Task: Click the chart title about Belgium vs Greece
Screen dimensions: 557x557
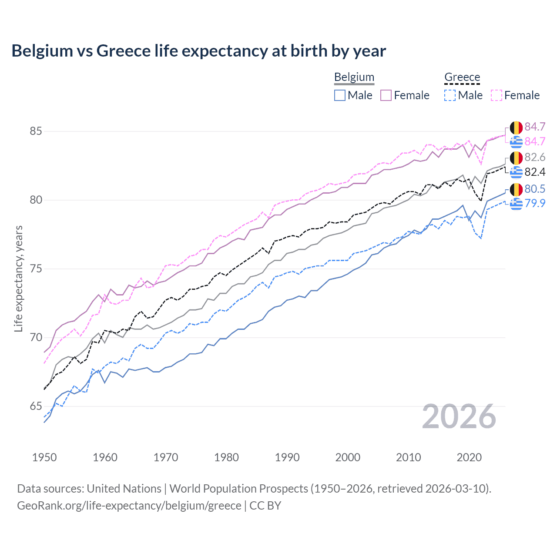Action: (x=198, y=51)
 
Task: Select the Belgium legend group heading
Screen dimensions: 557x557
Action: (x=354, y=77)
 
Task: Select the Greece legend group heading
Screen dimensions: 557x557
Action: (x=462, y=77)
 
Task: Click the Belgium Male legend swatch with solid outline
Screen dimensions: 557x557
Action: (x=340, y=95)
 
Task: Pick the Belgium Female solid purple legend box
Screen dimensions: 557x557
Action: (x=386, y=95)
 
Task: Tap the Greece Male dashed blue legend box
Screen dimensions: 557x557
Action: (x=450, y=95)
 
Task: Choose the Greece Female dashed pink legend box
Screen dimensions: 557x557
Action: (x=497, y=95)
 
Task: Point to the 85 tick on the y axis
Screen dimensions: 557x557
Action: (x=36, y=131)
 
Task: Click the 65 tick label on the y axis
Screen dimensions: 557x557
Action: (x=36, y=406)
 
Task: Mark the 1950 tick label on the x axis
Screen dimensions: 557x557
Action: (x=44, y=457)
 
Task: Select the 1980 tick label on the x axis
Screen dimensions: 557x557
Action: (x=226, y=457)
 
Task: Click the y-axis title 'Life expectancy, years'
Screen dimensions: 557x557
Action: (x=19, y=278)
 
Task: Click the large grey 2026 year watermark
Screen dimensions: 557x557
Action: (x=459, y=417)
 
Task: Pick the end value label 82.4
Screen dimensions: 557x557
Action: (x=535, y=172)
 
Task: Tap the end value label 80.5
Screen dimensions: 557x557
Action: (x=535, y=189)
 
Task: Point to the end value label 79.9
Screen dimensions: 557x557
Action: (x=535, y=203)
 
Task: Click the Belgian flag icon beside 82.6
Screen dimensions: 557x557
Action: (x=516, y=158)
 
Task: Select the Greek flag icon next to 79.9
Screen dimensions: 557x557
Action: (x=516, y=203)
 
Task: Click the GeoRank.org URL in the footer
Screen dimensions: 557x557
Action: (x=129, y=506)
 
